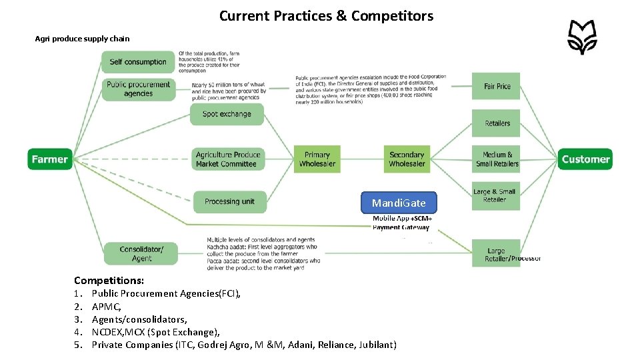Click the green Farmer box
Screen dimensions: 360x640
pyautogui.click(x=49, y=159)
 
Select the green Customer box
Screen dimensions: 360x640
pyautogui.click(x=585, y=159)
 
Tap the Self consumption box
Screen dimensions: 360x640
pyautogui.click(x=138, y=62)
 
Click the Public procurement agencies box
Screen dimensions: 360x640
pyautogui.click(x=138, y=89)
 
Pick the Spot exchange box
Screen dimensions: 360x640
pyautogui.click(x=227, y=114)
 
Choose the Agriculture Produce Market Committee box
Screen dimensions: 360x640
pyautogui.click(x=226, y=159)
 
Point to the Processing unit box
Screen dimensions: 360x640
pyautogui.click(x=229, y=201)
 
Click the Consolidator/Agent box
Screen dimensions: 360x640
pyautogui.click(x=141, y=253)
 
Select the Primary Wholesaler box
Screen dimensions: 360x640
pyautogui.click(x=317, y=159)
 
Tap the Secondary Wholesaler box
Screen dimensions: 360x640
pyautogui.click(x=407, y=159)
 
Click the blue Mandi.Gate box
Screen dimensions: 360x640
pyautogui.click(x=399, y=203)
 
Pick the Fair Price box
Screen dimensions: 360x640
pyautogui.click(x=497, y=86)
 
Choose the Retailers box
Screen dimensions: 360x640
pyautogui.click(x=497, y=123)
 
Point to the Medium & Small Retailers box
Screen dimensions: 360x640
pyautogui.click(x=497, y=159)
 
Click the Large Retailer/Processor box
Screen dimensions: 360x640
pyautogui.click(x=497, y=254)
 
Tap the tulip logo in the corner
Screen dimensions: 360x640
pyautogui.click(x=582, y=37)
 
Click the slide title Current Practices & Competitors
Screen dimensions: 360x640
pyautogui.click(x=326, y=15)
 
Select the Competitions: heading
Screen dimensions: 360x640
pyautogui.click(x=109, y=281)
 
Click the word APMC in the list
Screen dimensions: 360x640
pyautogui.click(x=106, y=307)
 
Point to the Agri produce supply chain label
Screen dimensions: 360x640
pyautogui.click(x=82, y=39)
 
